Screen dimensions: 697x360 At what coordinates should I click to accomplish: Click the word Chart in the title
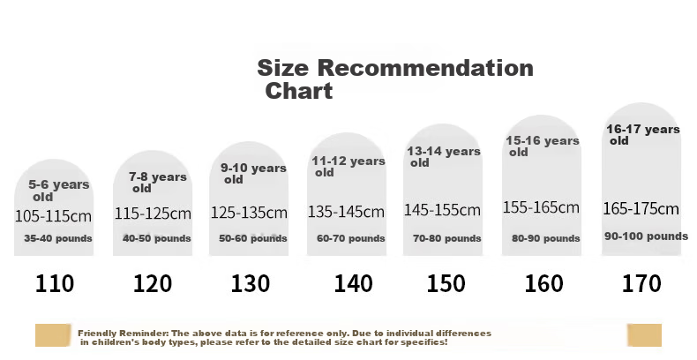coord(299,91)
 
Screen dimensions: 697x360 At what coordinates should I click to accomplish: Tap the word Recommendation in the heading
coord(425,68)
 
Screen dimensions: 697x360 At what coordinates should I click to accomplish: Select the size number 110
coord(54,283)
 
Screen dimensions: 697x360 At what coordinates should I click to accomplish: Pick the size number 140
coord(353,283)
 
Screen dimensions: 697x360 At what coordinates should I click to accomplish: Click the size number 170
coord(641,283)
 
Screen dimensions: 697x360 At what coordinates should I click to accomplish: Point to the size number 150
coord(446,283)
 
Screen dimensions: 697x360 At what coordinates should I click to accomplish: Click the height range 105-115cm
coord(53,216)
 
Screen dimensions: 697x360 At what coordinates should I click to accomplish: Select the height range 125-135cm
coord(249,213)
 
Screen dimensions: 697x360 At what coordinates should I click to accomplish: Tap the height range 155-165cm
coord(541,207)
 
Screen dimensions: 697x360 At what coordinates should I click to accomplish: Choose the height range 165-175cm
coord(641,208)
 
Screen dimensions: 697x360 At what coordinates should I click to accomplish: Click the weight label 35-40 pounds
coord(57,238)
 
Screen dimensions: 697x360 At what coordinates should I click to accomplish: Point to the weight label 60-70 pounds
coord(351,238)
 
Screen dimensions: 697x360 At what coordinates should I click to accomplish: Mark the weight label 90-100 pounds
coord(646,236)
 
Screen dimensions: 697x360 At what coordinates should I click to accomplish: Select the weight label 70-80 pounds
coord(446,238)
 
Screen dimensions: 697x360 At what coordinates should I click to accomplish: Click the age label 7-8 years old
coord(158,183)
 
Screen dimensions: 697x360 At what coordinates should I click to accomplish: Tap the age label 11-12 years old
coord(348,166)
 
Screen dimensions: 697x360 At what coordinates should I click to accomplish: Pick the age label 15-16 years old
coord(543,146)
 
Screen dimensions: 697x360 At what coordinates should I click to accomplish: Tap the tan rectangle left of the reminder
coord(53,335)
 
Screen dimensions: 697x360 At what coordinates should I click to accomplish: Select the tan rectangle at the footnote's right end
coord(645,335)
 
